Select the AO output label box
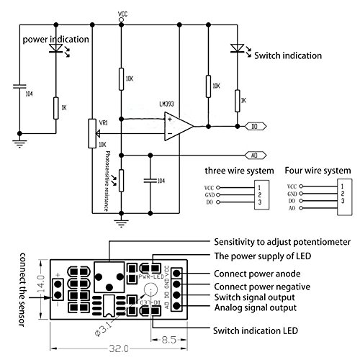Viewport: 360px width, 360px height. (255, 153)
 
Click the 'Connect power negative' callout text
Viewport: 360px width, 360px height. (263, 285)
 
